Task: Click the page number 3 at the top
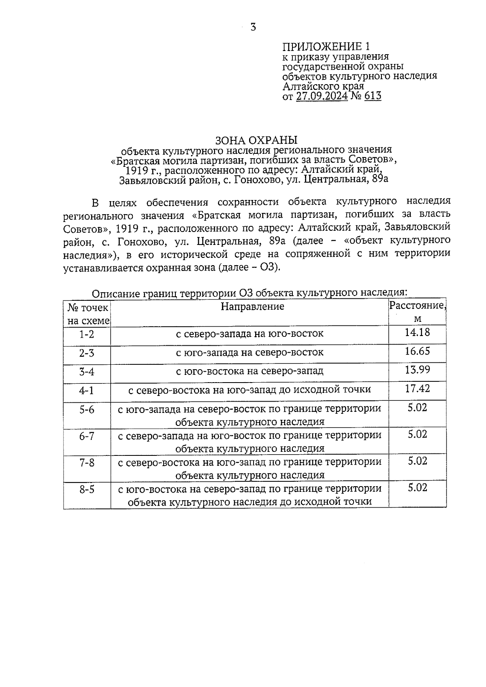tap(253, 28)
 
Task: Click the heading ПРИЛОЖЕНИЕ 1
tap(326, 46)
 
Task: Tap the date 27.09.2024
tap(322, 96)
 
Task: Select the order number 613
tap(373, 96)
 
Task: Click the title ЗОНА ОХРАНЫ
tap(256, 140)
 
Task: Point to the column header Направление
tap(252, 306)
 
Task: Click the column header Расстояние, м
tap(417, 312)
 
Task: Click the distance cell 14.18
tap(417, 333)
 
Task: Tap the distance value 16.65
tap(417, 351)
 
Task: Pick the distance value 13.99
tap(417, 370)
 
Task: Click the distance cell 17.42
tap(417, 389)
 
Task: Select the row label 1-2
tap(87, 334)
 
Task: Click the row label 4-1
tap(87, 391)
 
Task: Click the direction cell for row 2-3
tap(249, 353)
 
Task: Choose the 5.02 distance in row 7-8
tap(417, 461)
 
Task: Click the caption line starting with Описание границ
tap(249, 293)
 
